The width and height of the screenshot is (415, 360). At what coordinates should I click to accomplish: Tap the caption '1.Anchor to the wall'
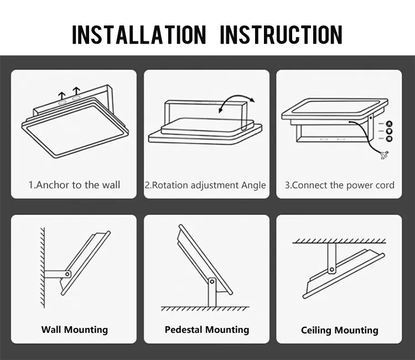coord(74,185)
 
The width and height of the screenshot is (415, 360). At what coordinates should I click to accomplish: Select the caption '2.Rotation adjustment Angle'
coord(205,185)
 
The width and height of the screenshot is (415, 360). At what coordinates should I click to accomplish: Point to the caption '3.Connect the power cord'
coord(339,185)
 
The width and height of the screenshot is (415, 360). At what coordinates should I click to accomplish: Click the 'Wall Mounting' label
coord(74,330)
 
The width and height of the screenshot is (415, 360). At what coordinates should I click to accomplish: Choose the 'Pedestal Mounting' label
coord(207,330)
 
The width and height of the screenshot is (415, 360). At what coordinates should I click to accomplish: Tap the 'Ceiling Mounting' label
coord(339,330)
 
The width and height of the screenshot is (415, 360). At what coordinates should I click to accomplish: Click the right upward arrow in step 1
coord(76,92)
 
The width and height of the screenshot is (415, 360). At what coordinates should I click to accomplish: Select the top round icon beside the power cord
coord(389,124)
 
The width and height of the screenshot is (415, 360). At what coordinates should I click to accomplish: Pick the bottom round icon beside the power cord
coord(389,139)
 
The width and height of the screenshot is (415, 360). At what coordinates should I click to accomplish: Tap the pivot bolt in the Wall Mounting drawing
coord(68,274)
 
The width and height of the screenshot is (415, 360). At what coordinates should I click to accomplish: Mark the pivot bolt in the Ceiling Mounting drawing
coord(332,270)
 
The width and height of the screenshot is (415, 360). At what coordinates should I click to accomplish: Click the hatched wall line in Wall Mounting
coord(41,266)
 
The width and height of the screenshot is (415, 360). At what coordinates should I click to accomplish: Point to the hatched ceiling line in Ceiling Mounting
coord(339,240)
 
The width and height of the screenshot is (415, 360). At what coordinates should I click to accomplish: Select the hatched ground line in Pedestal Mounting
coord(205,308)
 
